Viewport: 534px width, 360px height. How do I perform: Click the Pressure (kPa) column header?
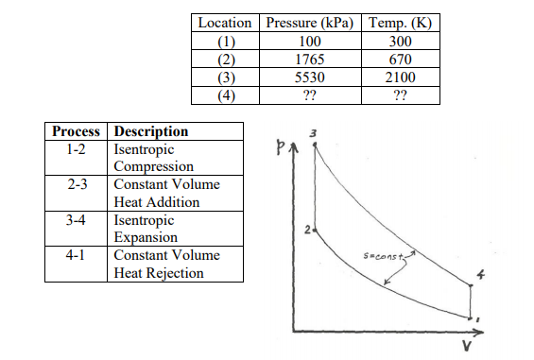click(x=309, y=23)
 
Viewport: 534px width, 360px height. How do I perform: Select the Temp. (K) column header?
click(x=396, y=23)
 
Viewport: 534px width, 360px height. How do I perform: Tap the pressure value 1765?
click(x=309, y=59)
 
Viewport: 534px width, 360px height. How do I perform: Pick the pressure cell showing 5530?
click(x=309, y=77)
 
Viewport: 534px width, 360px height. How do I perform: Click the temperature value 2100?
click(x=396, y=77)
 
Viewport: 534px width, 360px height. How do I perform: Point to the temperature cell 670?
click(x=396, y=59)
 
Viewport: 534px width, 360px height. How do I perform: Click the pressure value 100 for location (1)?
click(x=309, y=41)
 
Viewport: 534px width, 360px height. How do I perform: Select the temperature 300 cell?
click(x=396, y=41)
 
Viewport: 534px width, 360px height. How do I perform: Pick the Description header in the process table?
click(x=151, y=131)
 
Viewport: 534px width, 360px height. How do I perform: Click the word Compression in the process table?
click(x=154, y=167)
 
